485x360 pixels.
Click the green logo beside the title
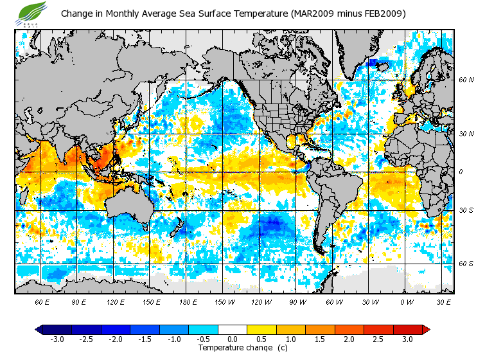[x=32, y=12]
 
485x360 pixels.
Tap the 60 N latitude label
[x=466, y=80]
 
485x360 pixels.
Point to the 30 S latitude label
[x=466, y=211]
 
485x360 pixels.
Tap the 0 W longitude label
[x=407, y=301]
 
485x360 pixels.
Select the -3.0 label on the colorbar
[x=57, y=339]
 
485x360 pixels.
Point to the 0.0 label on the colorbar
[x=233, y=339]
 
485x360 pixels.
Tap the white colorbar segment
[x=233, y=329]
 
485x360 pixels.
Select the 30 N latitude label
[x=466, y=134]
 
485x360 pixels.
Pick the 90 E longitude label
[x=78, y=301]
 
